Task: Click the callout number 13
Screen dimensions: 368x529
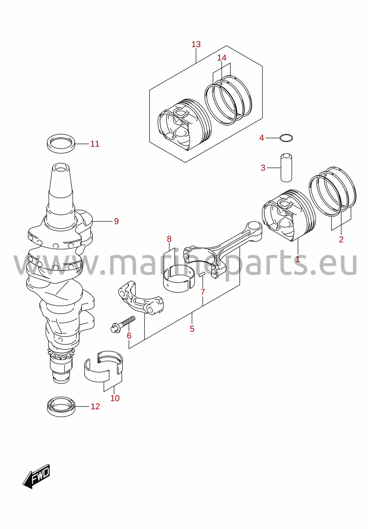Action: point(196,44)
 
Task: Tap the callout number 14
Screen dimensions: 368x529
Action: point(221,57)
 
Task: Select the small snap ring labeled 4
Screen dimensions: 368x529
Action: point(286,137)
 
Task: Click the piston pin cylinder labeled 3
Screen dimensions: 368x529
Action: point(286,168)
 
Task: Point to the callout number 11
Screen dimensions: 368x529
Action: point(95,144)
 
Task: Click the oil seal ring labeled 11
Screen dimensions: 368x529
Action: point(61,143)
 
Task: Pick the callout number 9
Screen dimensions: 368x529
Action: point(116,221)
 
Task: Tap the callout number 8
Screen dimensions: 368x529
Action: point(169,239)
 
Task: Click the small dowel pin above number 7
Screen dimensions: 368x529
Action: point(202,274)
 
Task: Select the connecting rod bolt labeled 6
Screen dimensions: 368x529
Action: point(123,324)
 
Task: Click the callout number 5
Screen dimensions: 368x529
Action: point(192,329)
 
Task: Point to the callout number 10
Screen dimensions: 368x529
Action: point(115,398)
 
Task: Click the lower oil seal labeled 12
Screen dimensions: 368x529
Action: point(61,407)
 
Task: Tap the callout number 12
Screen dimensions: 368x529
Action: point(95,406)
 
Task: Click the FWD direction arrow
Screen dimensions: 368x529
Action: point(36,476)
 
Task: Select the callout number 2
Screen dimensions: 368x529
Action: point(341,240)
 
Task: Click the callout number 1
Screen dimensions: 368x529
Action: point(297,259)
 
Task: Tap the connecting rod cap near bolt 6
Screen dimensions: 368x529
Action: point(141,298)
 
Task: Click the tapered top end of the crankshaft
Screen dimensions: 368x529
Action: point(61,182)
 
